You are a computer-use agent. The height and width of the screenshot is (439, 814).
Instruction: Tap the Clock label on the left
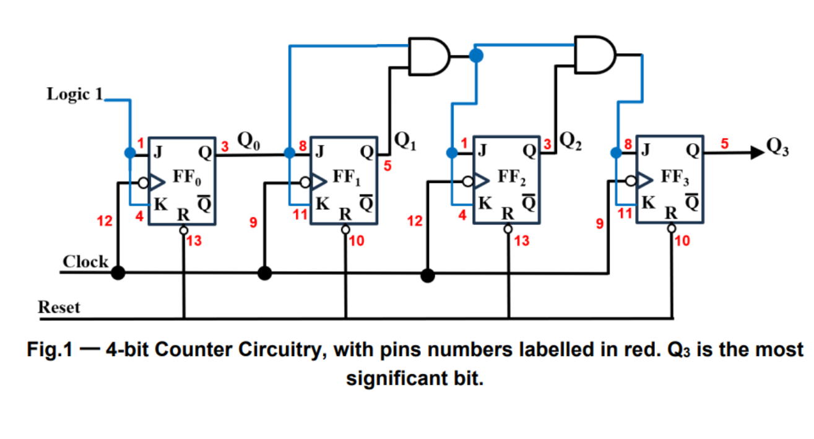[85, 262]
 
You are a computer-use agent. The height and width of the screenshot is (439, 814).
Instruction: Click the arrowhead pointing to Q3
[755, 151]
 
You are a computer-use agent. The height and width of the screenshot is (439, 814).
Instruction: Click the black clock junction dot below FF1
[265, 272]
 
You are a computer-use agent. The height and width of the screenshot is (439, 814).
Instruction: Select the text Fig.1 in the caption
[48, 350]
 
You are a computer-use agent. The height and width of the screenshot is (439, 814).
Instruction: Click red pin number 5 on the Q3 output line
[726, 144]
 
